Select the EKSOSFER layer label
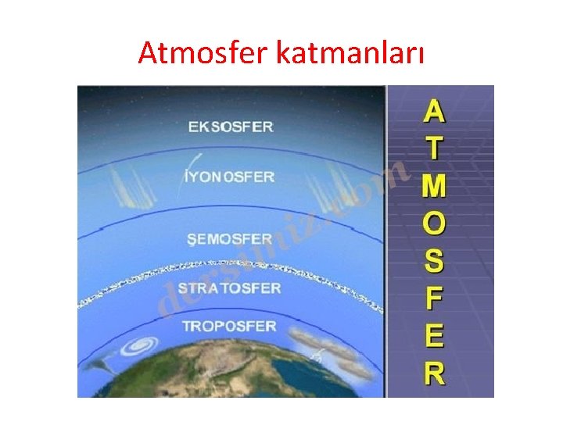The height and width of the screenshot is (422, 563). [x=231, y=127]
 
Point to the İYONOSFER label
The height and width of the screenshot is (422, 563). [x=228, y=177]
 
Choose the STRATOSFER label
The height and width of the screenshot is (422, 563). [x=229, y=288]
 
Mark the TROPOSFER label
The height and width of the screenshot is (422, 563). [x=229, y=325]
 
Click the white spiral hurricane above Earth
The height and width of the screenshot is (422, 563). [x=145, y=345]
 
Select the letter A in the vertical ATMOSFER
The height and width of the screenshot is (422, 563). [x=434, y=112]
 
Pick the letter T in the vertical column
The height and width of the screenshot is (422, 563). [x=434, y=148]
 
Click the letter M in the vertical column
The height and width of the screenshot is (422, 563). [x=434, y=186]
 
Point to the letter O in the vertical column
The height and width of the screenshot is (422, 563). [x=434, y=224]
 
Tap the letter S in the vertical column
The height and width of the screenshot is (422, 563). [x=434, y=261]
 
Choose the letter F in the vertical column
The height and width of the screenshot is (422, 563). [x=434, y=299]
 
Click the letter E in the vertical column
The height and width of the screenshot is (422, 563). [x=434, y=336]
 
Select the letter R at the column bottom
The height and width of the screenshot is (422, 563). [x=434, y=373]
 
